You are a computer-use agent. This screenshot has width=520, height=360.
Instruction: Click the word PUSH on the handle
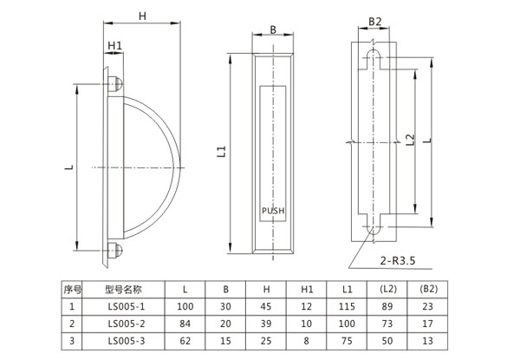[273, 210]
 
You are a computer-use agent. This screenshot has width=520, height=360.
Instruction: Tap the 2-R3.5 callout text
[400, 259]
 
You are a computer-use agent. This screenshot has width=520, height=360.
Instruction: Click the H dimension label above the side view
[143, 15]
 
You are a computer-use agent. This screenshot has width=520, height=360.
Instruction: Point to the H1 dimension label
[114, 45]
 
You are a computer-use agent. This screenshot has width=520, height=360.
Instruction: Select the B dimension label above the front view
[273, 29]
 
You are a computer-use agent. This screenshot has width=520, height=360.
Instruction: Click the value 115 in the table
[347, 305]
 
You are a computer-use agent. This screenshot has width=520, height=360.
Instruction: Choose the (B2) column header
[428, 288]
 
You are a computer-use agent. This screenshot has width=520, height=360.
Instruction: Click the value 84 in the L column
[185, 324]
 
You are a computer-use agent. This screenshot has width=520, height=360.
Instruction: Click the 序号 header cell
[72, 288]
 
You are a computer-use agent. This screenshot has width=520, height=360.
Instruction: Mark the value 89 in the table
[388, 305]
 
